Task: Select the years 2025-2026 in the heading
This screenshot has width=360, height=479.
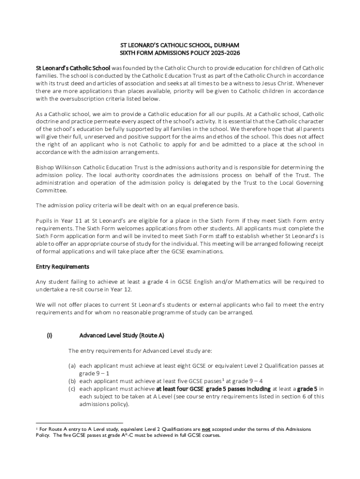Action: coord(226,53)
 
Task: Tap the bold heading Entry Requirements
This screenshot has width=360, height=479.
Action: coord(63,267)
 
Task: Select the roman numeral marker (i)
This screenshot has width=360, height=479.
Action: coord(49,335)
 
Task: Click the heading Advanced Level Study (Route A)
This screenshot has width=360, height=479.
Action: coord(122,335)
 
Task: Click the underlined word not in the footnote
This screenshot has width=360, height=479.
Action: coord(206,429)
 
